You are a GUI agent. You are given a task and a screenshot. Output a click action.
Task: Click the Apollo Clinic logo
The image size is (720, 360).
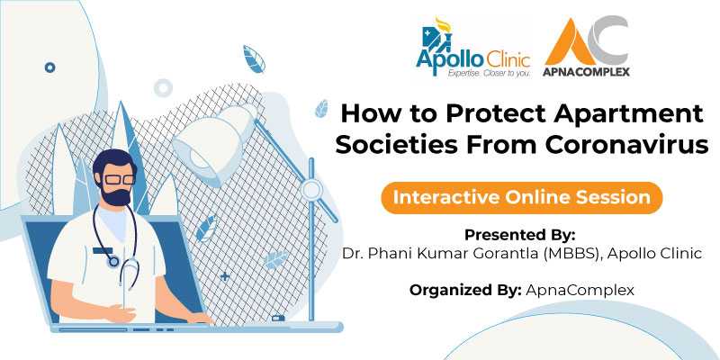tap(473, 49)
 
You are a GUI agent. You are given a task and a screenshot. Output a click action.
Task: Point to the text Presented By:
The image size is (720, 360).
tap(519, 235)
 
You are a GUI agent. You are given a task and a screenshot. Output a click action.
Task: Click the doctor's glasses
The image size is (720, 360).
tap(119, 179)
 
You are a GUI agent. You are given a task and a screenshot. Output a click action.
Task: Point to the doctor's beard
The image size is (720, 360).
tap(116, 194)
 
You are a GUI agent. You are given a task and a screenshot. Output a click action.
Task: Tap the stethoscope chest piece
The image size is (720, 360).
tap(112, 262)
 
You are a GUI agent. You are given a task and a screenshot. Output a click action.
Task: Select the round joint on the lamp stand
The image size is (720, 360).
tap(311, 189)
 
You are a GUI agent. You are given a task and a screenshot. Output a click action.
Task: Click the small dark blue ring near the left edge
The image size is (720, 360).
tap(50, 68)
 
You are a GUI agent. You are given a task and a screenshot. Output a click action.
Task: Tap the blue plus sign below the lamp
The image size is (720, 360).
tap(225, 276)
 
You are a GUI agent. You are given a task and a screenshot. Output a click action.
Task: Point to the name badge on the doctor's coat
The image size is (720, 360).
tap(103, 250)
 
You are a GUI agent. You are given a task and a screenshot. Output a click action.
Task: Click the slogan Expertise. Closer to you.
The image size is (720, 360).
tap(489, 73)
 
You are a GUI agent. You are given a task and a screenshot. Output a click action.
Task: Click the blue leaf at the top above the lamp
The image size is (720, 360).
tap(254, 59)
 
